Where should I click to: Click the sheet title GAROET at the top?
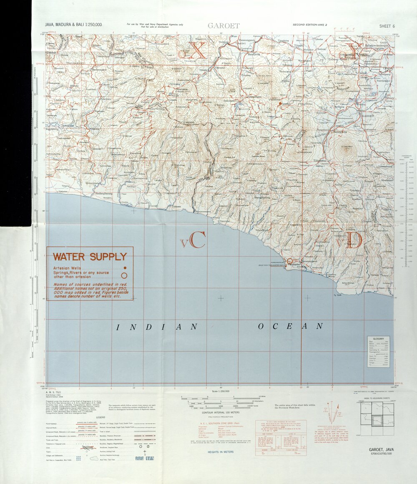pos(224,26)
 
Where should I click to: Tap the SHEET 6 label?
pos(387,26)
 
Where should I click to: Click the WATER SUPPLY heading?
pos(90,256)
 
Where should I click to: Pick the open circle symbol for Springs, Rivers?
pos(124,275)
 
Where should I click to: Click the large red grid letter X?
pos(198,50)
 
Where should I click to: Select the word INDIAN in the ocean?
pos(156,327)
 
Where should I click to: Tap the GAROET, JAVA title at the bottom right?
pos(381,449)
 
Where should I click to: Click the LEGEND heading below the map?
pos(100,417)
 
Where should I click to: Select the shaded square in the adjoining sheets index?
pos(377,421)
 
